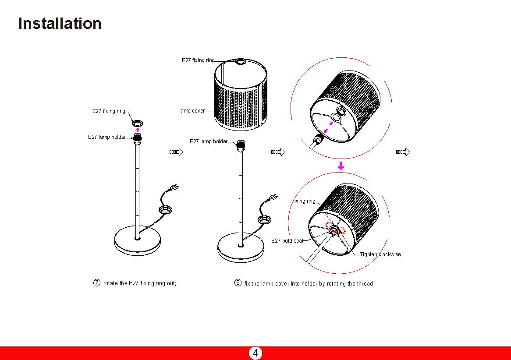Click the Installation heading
(60, 24)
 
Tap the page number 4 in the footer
(255, 353)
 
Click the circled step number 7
(97, 283)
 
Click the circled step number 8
(238, 283)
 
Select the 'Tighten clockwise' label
(380, 254)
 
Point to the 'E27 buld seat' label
(287, 241)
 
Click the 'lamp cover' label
(192, 111)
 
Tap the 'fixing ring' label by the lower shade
(304, 201)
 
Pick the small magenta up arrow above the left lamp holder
(137, 129)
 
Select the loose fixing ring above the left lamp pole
(137, 123)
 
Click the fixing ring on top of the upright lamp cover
(241, 61)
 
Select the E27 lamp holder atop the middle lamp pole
(240, 145)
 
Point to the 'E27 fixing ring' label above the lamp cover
(198, 60)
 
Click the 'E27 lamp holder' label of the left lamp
(106, 137)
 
